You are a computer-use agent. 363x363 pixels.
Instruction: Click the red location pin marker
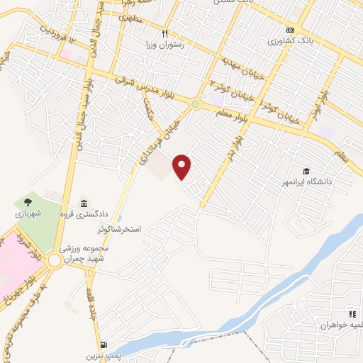183,167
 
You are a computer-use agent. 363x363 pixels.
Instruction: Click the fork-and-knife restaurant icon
165,33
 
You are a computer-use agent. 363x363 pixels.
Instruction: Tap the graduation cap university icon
306,171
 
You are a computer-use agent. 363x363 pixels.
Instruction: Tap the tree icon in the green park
28,201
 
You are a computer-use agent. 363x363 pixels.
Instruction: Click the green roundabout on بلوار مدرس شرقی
195,104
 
